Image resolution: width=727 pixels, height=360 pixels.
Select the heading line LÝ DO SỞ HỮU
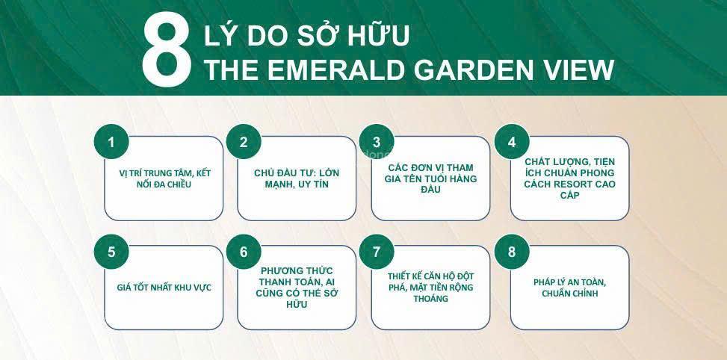306,35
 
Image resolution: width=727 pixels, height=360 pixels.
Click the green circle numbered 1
111,142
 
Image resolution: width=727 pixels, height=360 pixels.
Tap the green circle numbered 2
244,142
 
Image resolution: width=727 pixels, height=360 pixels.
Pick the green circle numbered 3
377,142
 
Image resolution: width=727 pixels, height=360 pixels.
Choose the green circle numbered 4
512,142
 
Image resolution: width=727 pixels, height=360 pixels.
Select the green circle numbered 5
111,252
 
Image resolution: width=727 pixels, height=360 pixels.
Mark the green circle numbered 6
244,252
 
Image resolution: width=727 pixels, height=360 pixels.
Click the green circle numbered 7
377,252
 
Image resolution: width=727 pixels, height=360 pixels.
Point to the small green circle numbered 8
512,252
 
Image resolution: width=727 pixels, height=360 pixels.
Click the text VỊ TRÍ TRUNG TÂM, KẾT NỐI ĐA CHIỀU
164,179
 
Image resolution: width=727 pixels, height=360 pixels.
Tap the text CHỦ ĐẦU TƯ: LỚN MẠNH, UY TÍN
297,179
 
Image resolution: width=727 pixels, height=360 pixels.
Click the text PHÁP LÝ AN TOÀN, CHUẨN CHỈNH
570,288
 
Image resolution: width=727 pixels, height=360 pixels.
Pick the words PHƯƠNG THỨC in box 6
297,270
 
